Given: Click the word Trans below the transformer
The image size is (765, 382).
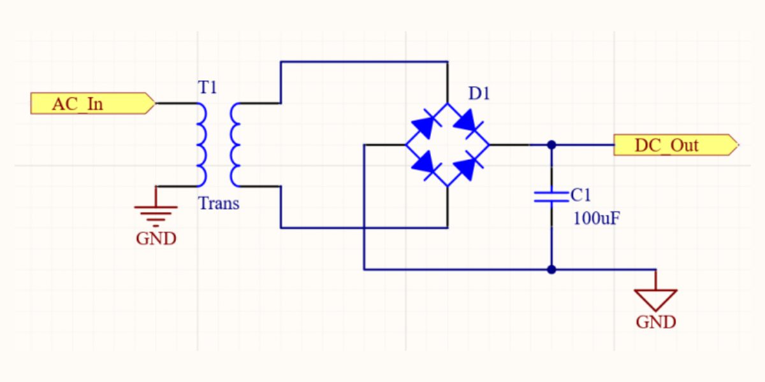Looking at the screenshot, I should coord(219,204).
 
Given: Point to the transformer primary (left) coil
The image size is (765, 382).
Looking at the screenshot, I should coord(201,145).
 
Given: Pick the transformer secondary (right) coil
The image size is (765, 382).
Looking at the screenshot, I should coord(235,145).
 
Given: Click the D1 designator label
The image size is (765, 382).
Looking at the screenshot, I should coord(479,94).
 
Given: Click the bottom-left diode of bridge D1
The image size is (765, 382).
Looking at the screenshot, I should coord(425,165).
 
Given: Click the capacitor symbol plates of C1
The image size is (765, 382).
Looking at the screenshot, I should coord(551,196).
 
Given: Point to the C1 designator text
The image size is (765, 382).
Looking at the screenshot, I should coord(581,194).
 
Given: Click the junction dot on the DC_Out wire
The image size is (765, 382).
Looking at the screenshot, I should coord(551,145).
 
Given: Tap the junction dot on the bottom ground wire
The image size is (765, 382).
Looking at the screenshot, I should coord(551,269).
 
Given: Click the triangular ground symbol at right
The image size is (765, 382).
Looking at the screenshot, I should coord(655,299).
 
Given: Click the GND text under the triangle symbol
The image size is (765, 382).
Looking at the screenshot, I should coord(655,322).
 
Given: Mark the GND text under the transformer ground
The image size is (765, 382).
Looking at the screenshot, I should coord(156,239).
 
